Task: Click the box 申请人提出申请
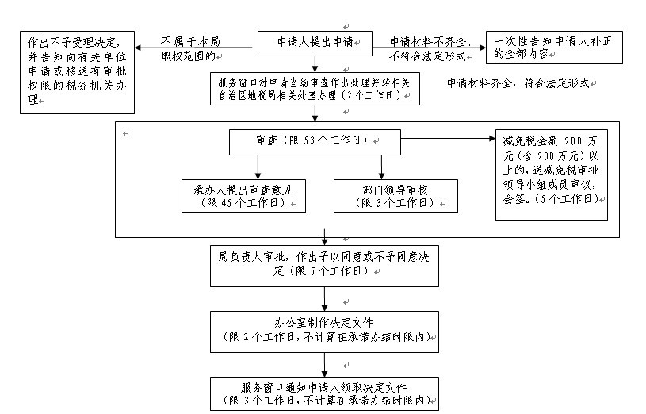tap(315, 42)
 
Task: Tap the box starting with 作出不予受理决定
tap(76, 71)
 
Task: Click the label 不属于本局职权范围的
tap(190, 48)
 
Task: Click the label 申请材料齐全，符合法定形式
tap(519, 83)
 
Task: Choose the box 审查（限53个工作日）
tap(315, 140)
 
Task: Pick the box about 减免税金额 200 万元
tap(551, 174)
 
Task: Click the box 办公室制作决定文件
tap(325, 330)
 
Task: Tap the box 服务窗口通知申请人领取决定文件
tap(325, 393)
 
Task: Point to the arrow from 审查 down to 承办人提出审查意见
tap(256, 166)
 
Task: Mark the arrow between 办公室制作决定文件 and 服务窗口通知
tap(325, 362)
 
